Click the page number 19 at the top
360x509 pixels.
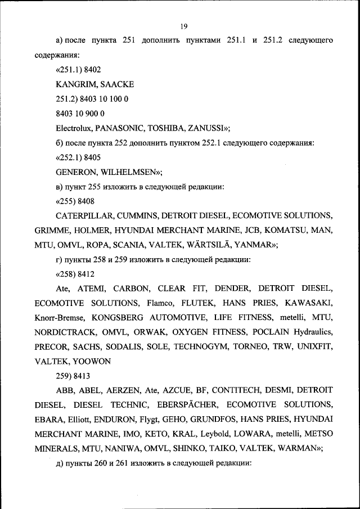(183, 26)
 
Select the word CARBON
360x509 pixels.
(130, 289)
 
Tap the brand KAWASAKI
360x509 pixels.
(308, 303)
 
